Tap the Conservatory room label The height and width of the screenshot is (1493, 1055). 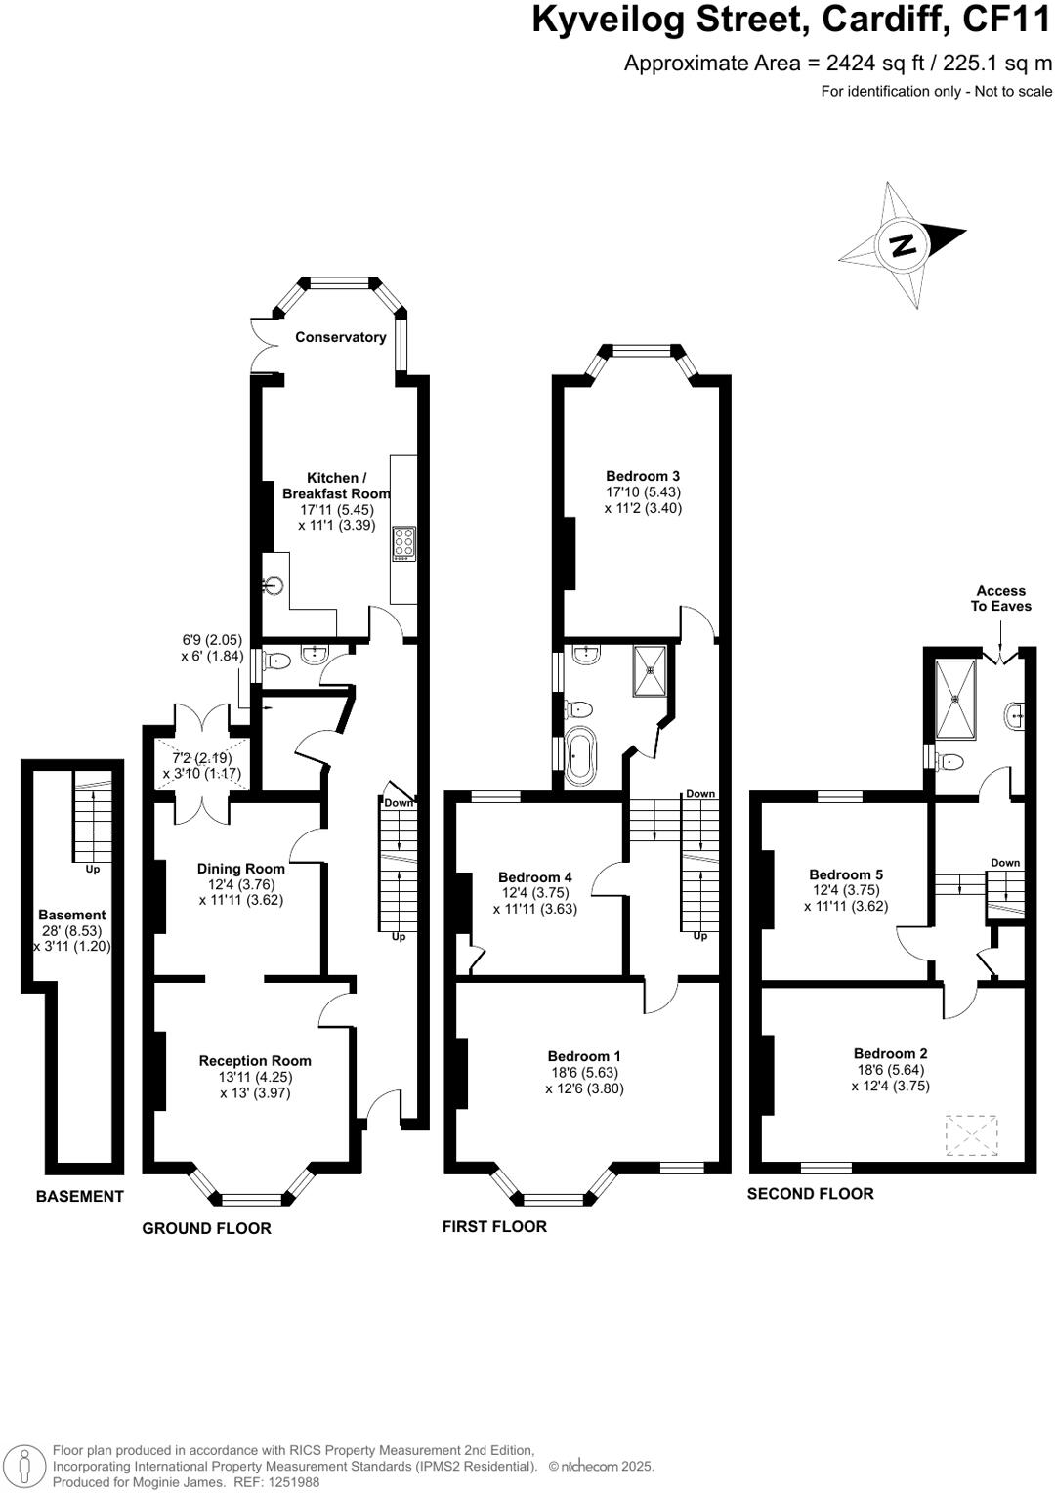click(x=340, y=337)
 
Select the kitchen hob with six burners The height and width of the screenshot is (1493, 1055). click(x=403, y=543)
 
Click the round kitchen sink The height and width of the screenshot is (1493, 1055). click(x=274, y=585)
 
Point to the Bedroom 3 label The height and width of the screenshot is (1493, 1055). click(x=643, y=476)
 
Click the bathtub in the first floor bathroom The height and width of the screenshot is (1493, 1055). click(x=580, y=756)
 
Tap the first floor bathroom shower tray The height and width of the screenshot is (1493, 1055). click(x=651, y=670)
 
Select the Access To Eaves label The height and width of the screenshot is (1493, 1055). click(x=1000, y=598)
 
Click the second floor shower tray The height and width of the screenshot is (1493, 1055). click(x=954, y=701)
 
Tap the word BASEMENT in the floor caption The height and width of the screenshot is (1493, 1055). click(x=80, y=1196)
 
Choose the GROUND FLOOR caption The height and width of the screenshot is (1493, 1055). click(x=206, y=1228)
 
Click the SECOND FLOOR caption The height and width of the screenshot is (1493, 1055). click(x=810, y=1193)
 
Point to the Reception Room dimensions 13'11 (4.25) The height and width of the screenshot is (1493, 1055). click(x=255, y=1077)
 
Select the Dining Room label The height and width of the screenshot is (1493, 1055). click(x=240, y=868)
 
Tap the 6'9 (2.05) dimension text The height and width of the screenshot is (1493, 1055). click(x=211, y=640)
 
